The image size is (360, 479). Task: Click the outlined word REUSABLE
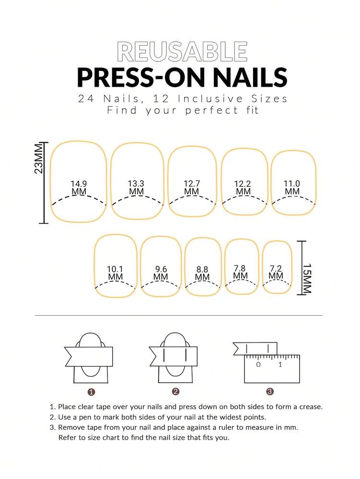pos(182,52)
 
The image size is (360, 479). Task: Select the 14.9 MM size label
pos(79,187)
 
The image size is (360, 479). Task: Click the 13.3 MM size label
pos(136,187)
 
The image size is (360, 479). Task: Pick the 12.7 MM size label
pos(191,187)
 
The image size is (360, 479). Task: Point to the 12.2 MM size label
pos(243,187)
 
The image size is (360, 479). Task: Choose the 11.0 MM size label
pos(292,187)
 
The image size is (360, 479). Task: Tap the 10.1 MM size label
pos(115,273)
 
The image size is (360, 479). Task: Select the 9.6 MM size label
pos(161,273)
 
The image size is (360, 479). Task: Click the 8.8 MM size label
pos(202,273)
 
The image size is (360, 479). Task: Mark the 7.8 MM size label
pos(240,272)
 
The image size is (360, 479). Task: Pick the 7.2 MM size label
pos(276,272)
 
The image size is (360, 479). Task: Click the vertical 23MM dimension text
pos(39,160)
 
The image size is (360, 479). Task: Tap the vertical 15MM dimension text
pos(307,278)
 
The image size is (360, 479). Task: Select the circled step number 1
pos(91,392)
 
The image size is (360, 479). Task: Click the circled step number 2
pos(175,392)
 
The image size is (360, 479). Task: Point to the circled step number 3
pos(270,392)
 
